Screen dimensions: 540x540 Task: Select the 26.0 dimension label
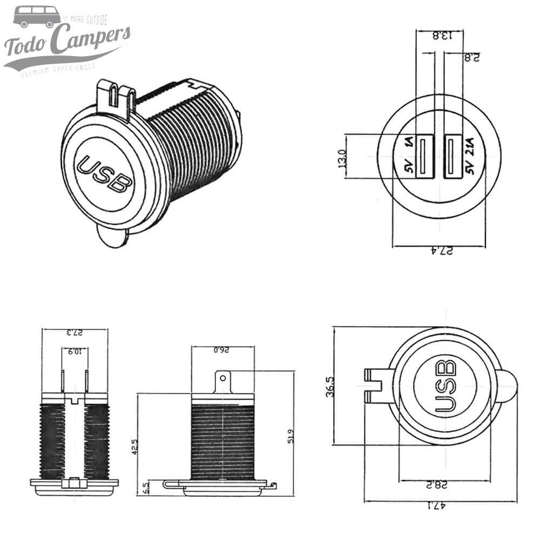[x=221, y=350]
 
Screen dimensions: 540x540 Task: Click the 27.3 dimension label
[x=74, y=333]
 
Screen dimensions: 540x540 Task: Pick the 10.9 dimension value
[x=75, y=352]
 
